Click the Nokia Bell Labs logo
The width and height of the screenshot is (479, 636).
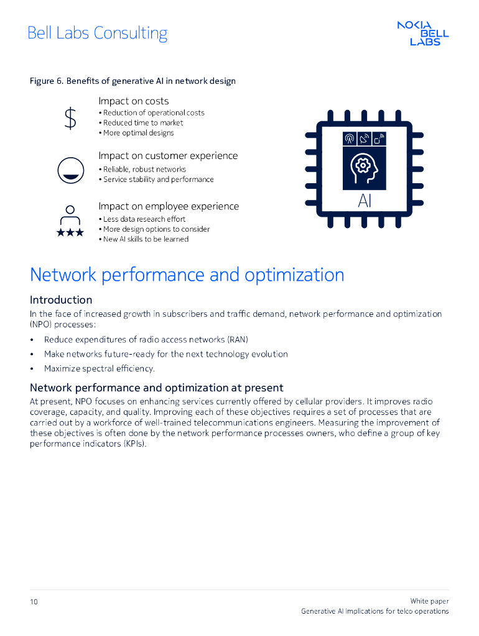[x=423, y=33]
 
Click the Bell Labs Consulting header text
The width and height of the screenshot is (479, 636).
[x=98, y=33]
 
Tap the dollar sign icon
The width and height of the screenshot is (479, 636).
[x=71, y=118]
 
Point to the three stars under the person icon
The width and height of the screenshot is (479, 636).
[x=70, y=232]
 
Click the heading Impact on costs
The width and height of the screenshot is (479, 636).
[x=133, y=101]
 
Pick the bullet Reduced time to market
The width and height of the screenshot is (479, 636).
[x=143, y=123]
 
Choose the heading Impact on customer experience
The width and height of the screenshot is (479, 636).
[x=168, y=156]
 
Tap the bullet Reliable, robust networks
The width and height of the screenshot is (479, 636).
[x=144, y=170]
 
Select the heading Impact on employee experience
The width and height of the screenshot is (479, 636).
[x=169, y=206]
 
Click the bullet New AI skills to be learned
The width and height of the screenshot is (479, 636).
[x=146, y=239]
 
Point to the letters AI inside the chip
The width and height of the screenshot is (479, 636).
[x=365, y=201]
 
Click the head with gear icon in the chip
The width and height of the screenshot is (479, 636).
[x=364, y=168]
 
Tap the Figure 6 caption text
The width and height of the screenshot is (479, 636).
[x=133, y=81]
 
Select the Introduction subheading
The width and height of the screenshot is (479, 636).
[x=61, y=299]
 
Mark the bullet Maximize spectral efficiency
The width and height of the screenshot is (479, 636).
[x=100, y=369]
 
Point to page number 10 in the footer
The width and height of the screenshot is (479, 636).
[x=34, y=602]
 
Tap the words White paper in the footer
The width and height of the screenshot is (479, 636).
[x=429, y=601]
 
